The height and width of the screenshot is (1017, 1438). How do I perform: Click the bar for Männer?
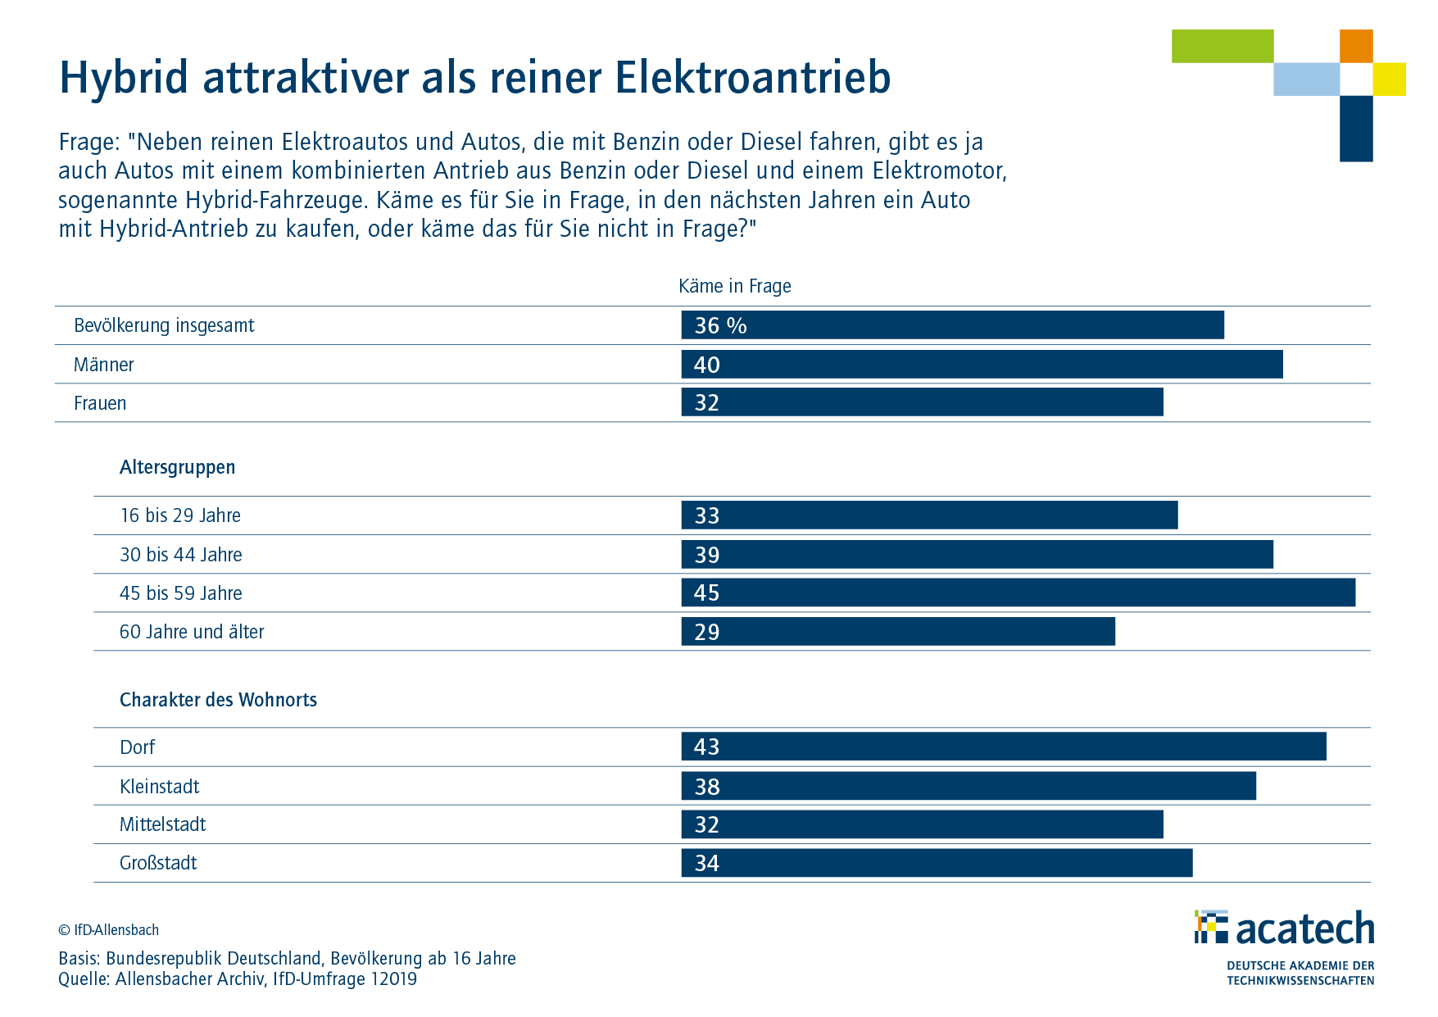pyautogui.click(x=982, y=365)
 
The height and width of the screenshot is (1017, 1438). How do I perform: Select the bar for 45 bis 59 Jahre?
pyautogui.click(x=1018, y=592)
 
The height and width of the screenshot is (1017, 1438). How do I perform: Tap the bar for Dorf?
pyautogui.click(x=1003, y=747)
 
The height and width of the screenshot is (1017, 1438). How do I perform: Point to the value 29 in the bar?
pyautogui.click(x=706, y=632)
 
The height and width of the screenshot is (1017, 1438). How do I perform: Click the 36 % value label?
pyautogui.click(x=720, y=325)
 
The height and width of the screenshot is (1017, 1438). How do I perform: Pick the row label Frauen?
pyautogui.click(x=100, y=403)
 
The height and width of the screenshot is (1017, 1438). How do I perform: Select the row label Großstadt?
pyautogui.click(x=158, y=863)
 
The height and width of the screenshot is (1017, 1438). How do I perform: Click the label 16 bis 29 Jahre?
pyautogui.click(x=180, y=515)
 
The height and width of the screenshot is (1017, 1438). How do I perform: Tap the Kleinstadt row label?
pyautogui.click(x=159, y=787)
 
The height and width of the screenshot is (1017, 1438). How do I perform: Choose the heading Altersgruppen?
pyautogui.click(x=177, y=467)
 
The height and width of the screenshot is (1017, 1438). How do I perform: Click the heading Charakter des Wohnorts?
pyautogui.click(x=218, y=700)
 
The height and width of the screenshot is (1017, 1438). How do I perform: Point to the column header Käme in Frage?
pyautogui.click(x=734, y=286)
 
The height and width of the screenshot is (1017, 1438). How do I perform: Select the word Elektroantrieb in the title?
pyautogui.click(x=752, y=78)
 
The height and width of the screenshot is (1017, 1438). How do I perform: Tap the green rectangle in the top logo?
pyautogui.click(x=1222, y=46)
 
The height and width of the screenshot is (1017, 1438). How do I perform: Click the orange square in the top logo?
pyautogui.click(x=1355, y=46)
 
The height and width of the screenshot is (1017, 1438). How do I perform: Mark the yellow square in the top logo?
pyautogui.click(x=1389, y=79)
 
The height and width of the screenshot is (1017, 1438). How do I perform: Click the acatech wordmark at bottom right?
pyautogui.click(x=1304, y=928)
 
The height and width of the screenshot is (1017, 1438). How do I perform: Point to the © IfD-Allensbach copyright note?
pyautogui.click(x=108, y=930)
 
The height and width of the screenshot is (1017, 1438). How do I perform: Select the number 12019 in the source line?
pyautogui.click(x=393, y=978)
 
